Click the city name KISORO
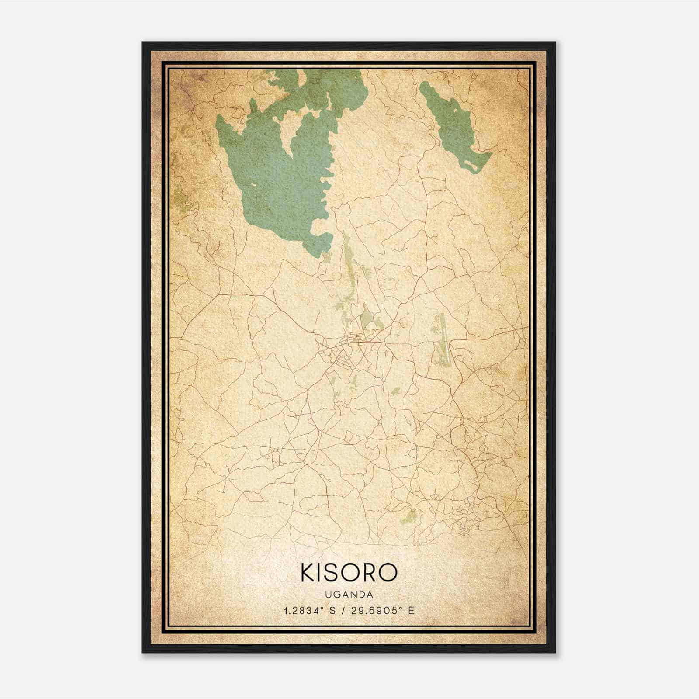tap(349, 573)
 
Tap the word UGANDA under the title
tap(349, 595)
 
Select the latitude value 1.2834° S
tap(309, 611)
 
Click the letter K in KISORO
tap(308, 573)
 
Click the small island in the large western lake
tap(253, 186)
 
